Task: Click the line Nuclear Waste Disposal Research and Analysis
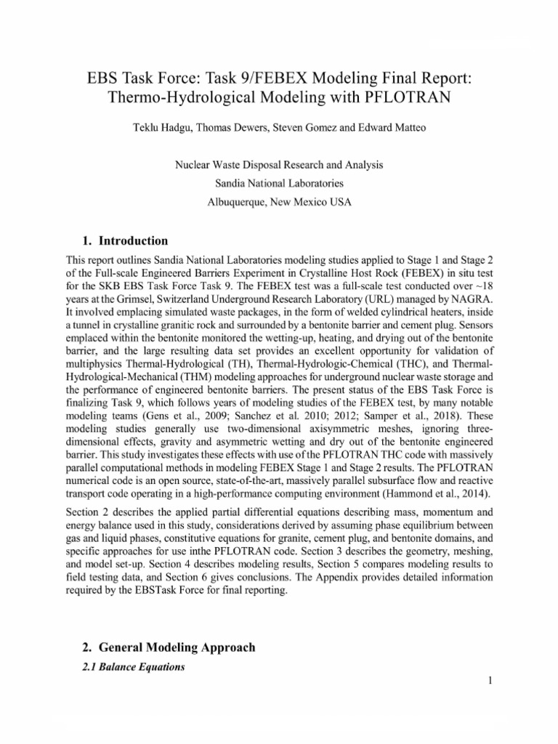(279, 166)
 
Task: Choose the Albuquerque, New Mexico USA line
(279, 203)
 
